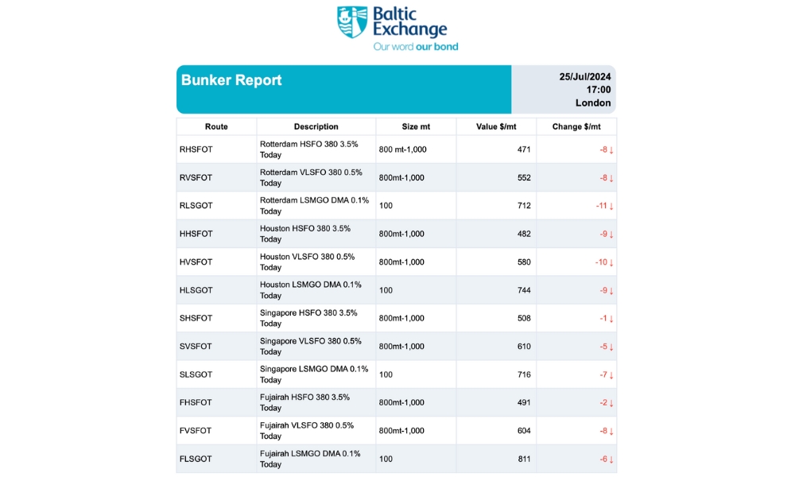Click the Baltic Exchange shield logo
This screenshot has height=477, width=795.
(x=352, y=22)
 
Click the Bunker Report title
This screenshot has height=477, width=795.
(x=231, y=80)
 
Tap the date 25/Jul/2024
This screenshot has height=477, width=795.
(x=584, y=77)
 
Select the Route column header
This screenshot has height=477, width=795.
(x=216, y=126)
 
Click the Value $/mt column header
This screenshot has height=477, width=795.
(x=496, y=126)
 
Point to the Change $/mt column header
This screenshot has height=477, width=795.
(x=576, y=126)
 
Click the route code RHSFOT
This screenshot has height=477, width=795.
(x=196, y=149)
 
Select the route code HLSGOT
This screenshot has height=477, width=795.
(x=196, y=290)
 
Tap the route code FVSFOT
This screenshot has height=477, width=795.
(x=196, y=431)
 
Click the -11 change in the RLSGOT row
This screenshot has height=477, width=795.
(x=601, y=206)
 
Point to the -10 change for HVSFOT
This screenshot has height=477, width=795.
(x=601, y=262)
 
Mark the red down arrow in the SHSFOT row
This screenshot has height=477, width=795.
(x=611, y=319)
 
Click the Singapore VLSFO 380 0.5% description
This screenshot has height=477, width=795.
(x=310, y=347)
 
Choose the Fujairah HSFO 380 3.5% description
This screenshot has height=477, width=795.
(x=304, y=402)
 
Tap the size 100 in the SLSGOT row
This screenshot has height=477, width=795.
(x=386, y=374)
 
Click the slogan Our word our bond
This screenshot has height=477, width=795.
(x=416, y=47)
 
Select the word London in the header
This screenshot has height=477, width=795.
(x=593, y=103)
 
